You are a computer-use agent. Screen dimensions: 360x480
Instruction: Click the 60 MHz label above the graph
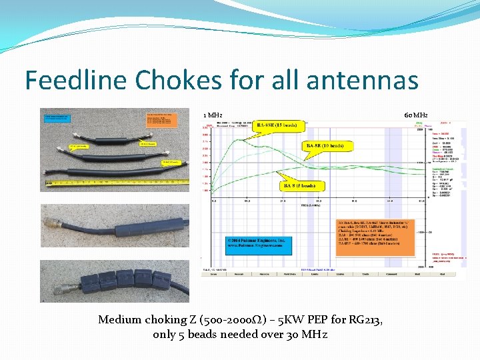(x=416, y=115)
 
